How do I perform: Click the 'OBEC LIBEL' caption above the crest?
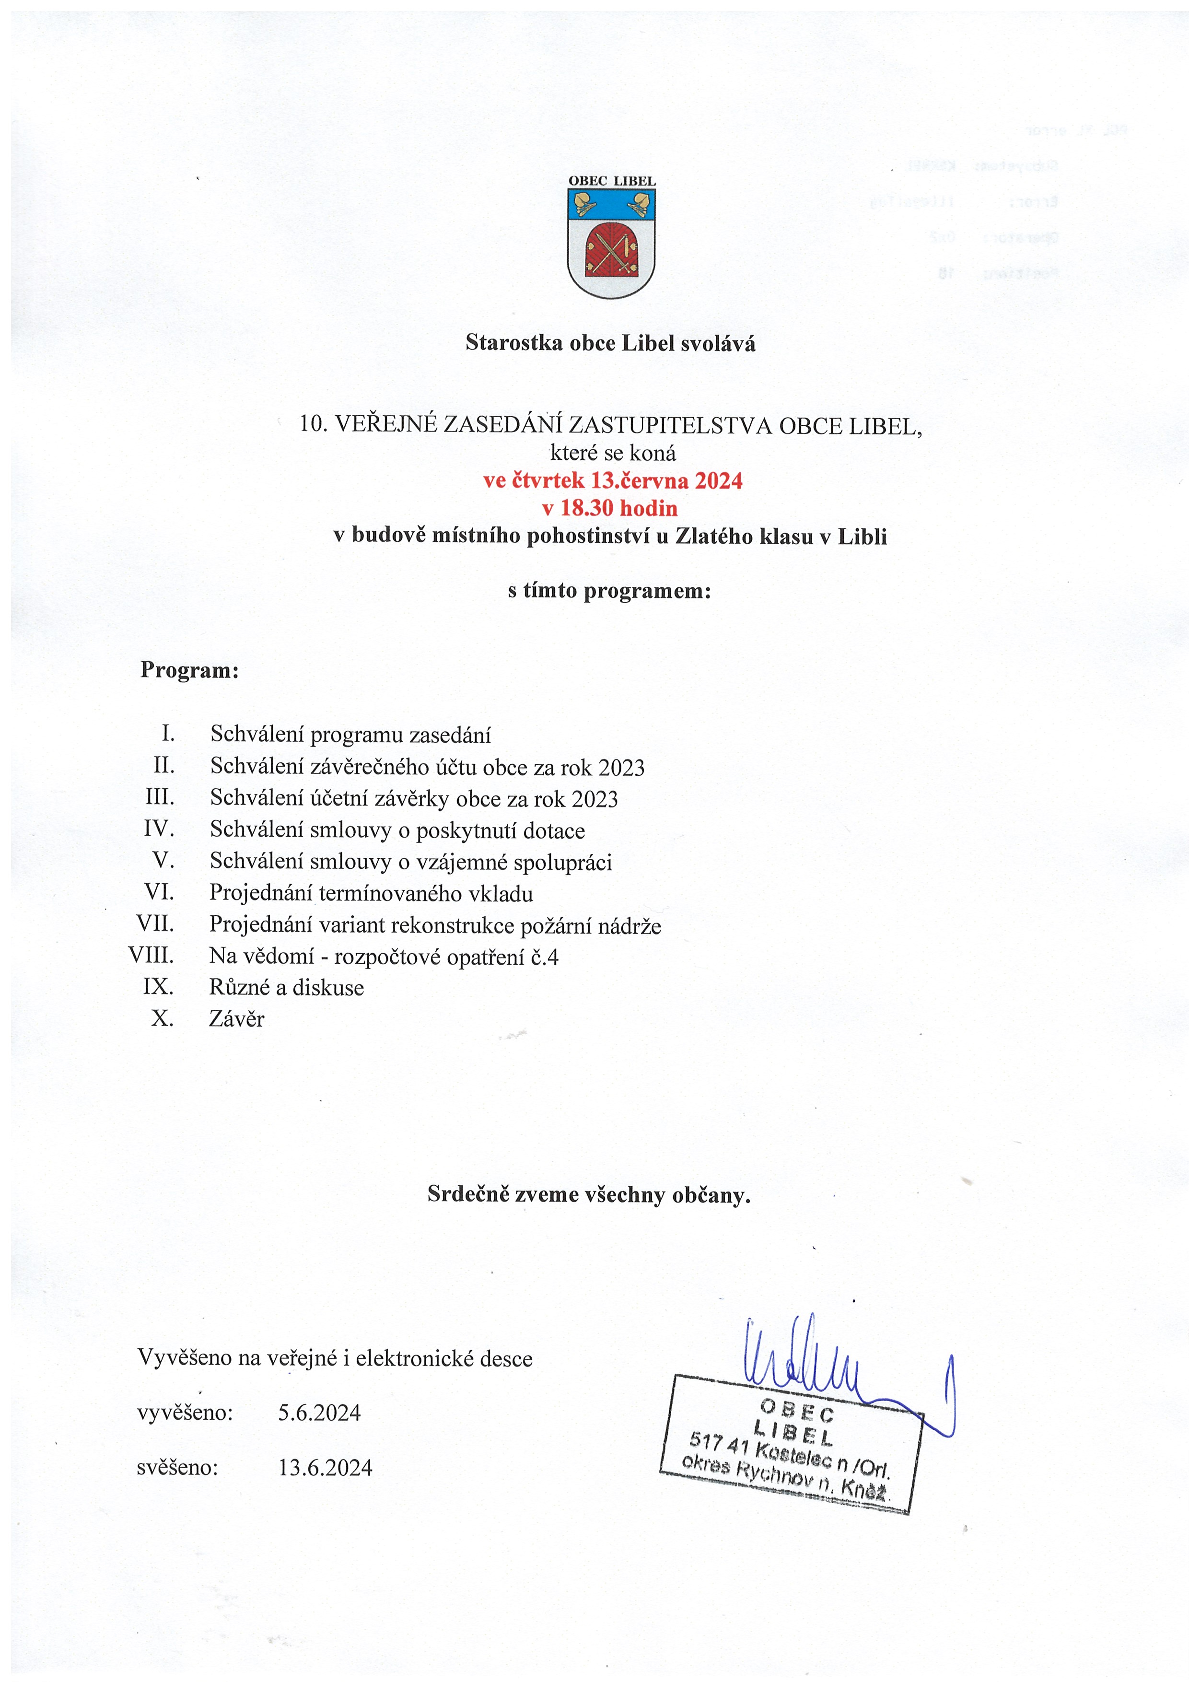612,181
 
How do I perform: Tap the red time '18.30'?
586,508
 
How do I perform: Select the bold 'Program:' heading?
190,670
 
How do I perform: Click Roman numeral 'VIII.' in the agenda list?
151,955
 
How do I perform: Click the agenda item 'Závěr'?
237,1019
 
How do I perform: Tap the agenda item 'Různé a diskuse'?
286,988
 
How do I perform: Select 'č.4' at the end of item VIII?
544,957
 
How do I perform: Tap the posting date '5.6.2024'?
319,1413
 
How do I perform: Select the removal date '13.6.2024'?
325,1467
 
